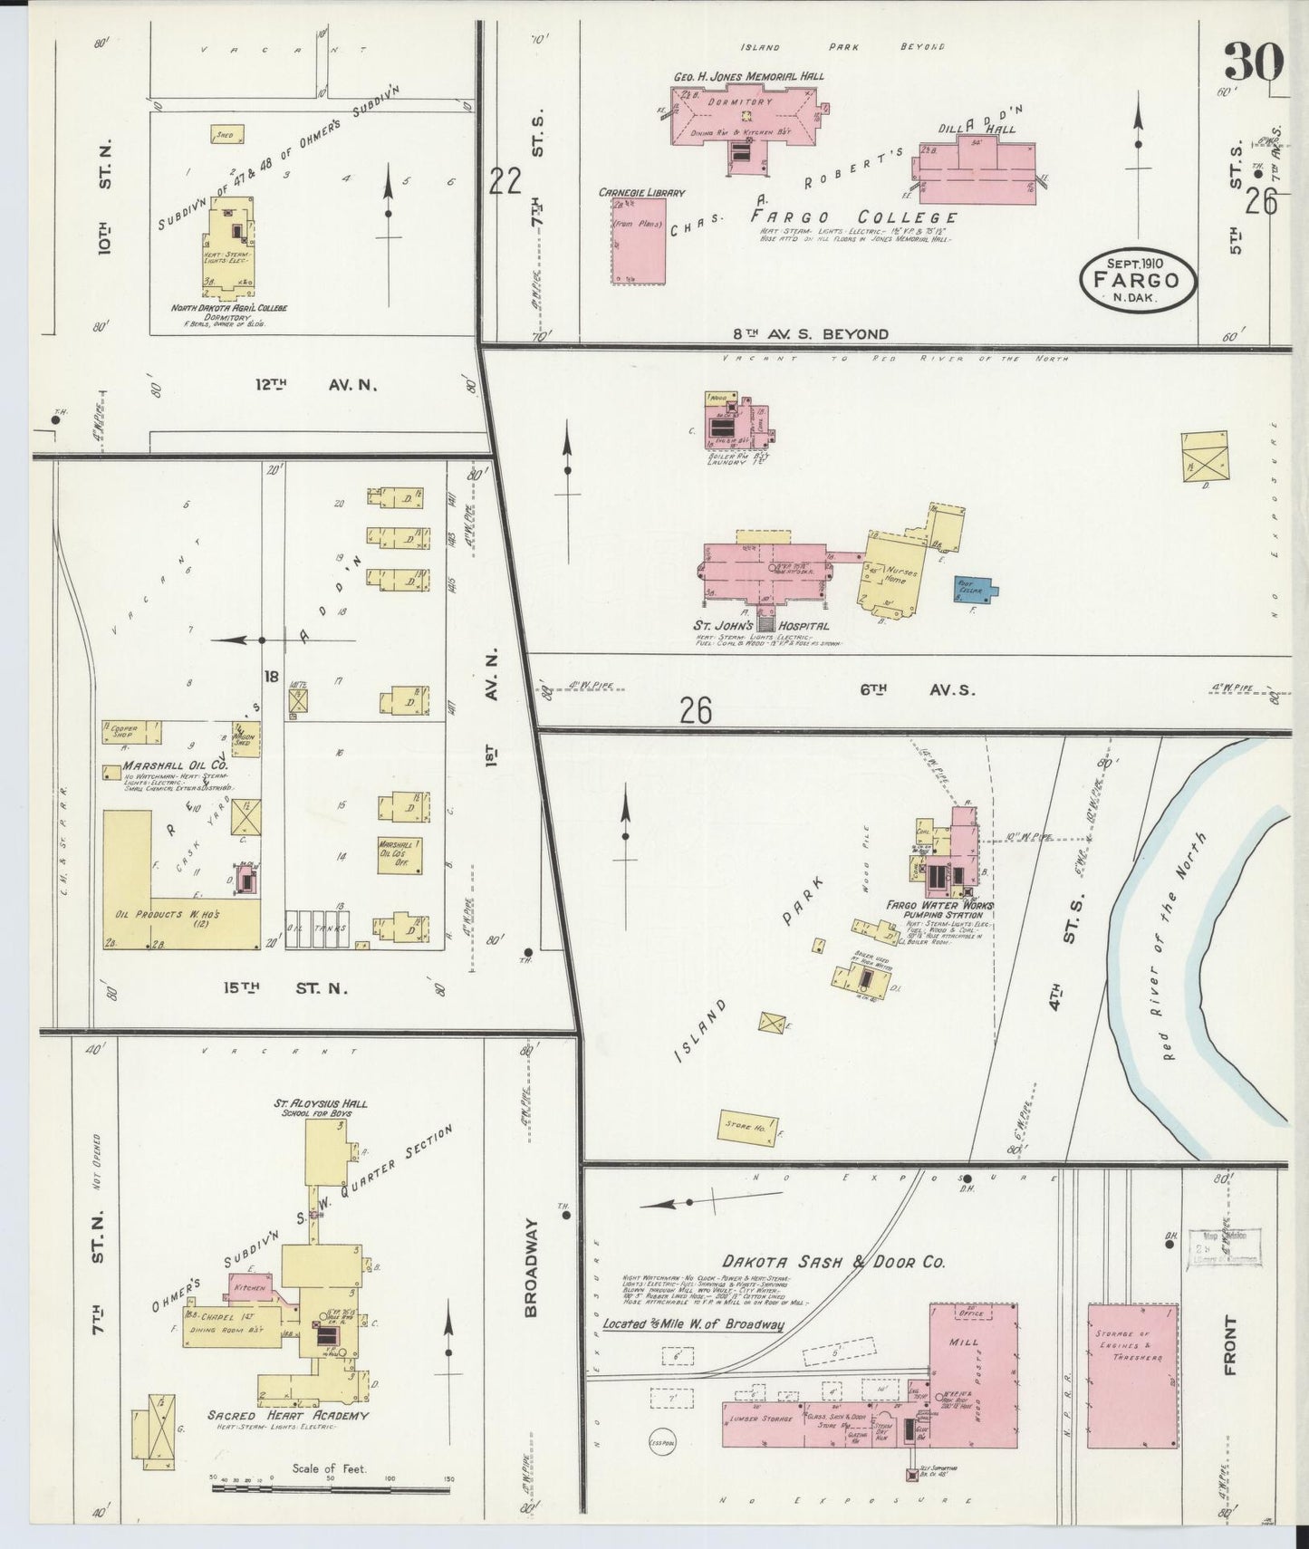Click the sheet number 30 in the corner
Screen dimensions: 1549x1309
tap(1254, 62)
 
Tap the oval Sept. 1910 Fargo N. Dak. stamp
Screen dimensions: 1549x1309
tap(1138, 280)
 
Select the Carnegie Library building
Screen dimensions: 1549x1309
tap(639, 240)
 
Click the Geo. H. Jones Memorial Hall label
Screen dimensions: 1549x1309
tap(748, 76)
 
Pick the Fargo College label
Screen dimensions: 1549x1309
tap(852, 217)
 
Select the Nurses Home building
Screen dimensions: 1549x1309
tap(892, 575)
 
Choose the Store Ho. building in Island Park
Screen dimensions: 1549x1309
tap(748, 1127)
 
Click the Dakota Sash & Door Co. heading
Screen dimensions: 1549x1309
tap(833, 1261)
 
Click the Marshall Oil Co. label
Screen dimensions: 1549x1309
tap(168, 765)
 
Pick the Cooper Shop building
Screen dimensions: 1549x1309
tap(132, 729)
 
